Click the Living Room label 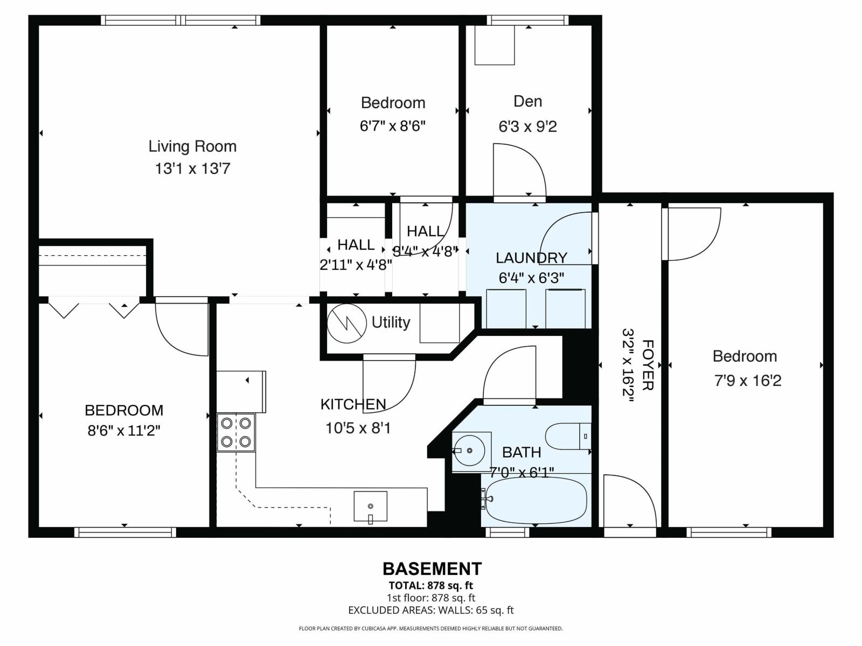(192, 146)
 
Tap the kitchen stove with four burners (236, 432)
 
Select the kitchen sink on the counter (370, 506)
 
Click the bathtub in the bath (533, 501)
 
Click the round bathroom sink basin (467, 450)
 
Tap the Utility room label (391, 322)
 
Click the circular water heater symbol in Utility (347, 324)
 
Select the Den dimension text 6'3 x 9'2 (527, 127)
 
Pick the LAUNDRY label (531, 258)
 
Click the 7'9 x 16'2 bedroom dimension (747, 381)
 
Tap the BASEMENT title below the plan (432, 569)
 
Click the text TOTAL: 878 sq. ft (431, 585)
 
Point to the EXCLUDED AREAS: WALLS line (431, 610)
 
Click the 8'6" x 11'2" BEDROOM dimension (124, 431)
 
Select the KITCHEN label (353, 404)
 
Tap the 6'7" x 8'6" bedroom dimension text (393, 126)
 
